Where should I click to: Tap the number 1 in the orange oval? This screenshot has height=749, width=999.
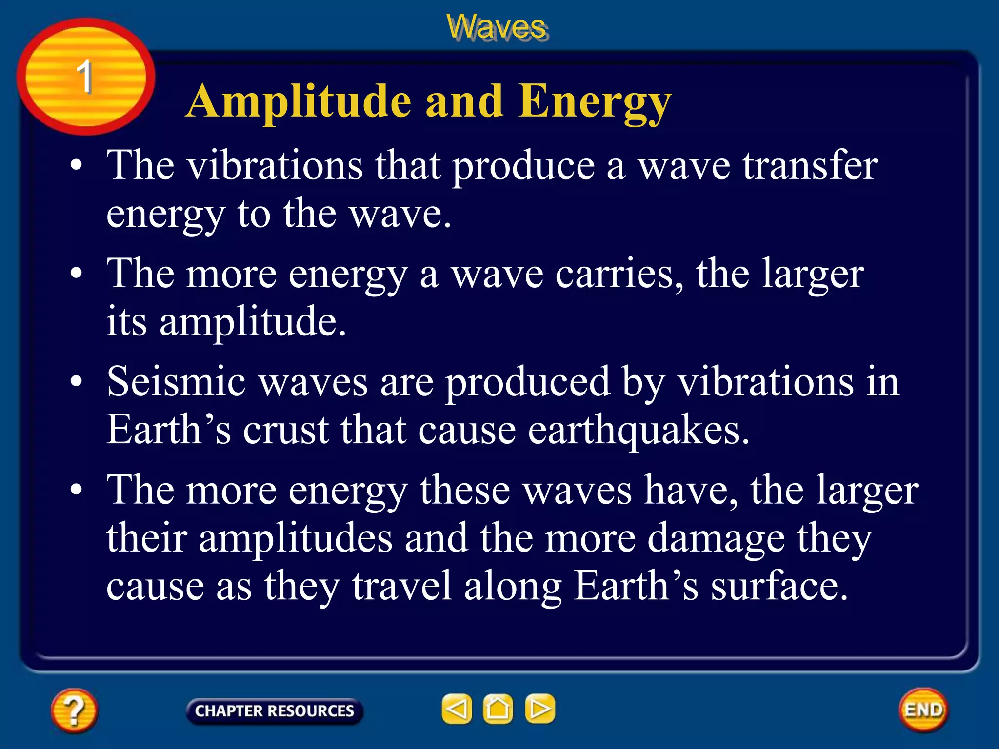(x=84, y=77)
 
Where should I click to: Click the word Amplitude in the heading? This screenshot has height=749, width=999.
(x=299, y=101)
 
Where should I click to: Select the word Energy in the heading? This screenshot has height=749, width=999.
(x=595, y=101)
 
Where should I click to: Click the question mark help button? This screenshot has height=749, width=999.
(x=74, y=710)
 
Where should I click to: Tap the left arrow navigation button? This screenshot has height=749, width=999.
(x=457, y=709)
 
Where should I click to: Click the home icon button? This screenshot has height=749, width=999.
(x=498, y=709)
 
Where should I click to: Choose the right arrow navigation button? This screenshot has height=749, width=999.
(x=539, y=709)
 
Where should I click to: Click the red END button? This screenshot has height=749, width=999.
(x=923, y=710)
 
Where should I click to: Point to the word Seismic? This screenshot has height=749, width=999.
(x=176, y=382)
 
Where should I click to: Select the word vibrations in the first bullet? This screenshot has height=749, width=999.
(x=276, y=166)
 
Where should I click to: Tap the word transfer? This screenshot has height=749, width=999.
(x=810, y=166)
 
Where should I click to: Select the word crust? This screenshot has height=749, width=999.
(x=285, y=431)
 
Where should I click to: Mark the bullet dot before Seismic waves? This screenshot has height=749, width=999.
(x=76, y=382)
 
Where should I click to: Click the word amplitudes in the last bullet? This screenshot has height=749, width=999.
(x=296, y=539)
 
